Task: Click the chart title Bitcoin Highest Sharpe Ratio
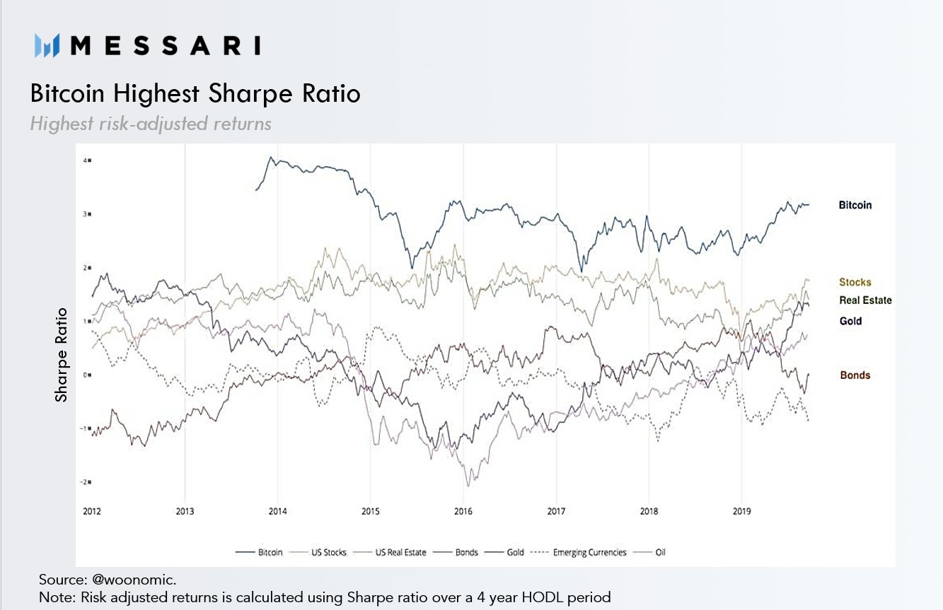pos(195,93)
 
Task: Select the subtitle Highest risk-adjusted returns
pos(151,124)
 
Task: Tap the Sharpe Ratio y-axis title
pos(62,355)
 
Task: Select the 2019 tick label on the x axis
pos(741,512)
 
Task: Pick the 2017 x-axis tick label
pos(556,512)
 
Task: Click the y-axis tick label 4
pos(87,160)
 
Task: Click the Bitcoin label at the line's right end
pos(855,206)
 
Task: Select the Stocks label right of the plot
pos(855,282)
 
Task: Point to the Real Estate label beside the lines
pos(865,300)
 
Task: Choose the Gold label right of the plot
pos(850,322)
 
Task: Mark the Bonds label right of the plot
pos(855,375)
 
